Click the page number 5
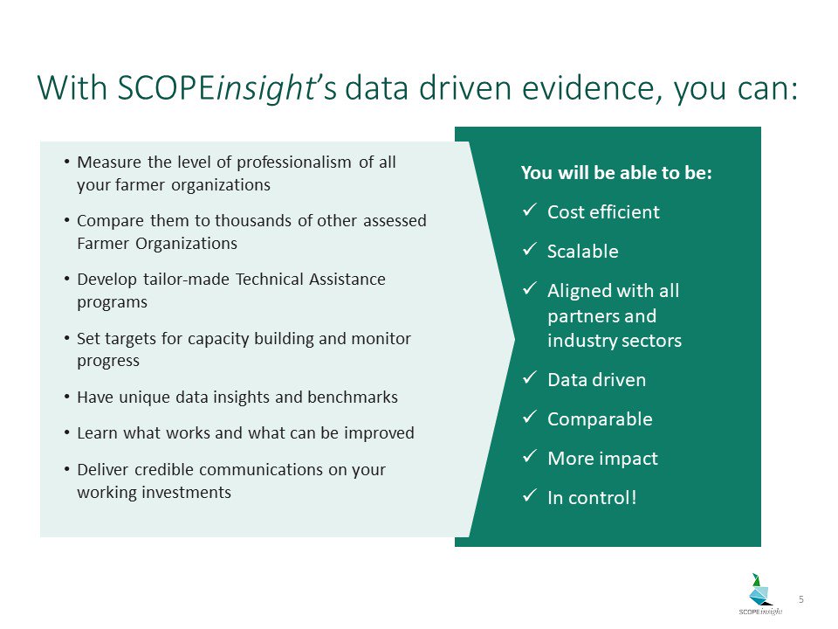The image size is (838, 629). pos(801,598)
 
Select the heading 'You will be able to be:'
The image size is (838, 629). pos(616,173)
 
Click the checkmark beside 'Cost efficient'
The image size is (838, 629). pos(528,212)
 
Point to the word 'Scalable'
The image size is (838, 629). pos(582,252)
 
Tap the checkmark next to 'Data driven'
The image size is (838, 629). pos(528,380)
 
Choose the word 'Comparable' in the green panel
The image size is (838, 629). pos(599,419)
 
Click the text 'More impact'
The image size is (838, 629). pos(602,459)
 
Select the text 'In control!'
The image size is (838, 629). pos(592,498)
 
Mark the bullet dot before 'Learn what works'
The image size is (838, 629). pos(67,433)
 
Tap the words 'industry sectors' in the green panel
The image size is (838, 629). pos(614,341)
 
